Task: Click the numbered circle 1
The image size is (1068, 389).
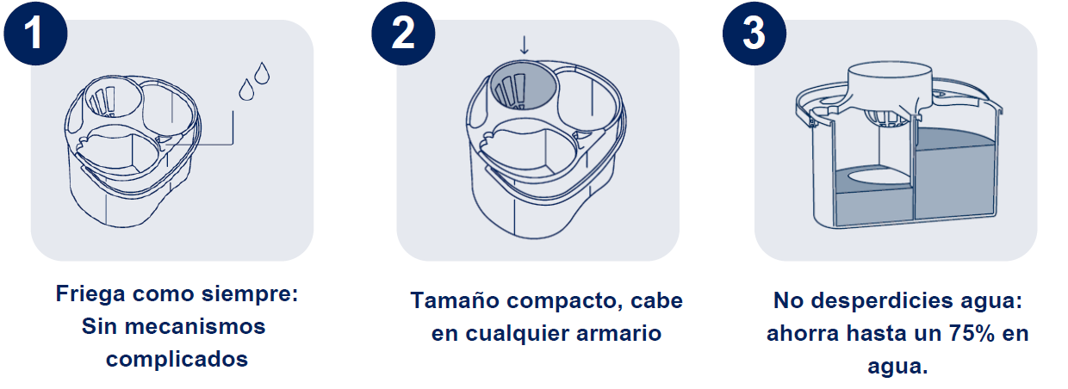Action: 36,34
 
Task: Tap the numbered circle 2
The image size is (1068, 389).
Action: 403,34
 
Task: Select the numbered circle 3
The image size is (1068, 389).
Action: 754,34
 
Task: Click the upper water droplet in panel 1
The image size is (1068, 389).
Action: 262,73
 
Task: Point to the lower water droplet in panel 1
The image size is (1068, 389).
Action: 246,90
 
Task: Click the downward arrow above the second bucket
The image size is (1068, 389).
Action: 525,46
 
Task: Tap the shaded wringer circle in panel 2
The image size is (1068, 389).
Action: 524,86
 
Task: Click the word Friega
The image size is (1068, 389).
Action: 90,294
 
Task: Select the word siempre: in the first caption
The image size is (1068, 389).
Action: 250,293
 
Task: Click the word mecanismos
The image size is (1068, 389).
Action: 195,327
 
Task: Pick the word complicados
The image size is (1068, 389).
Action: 177,360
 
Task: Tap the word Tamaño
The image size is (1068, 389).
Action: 455,301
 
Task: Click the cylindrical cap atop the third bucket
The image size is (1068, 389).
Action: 890,84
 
